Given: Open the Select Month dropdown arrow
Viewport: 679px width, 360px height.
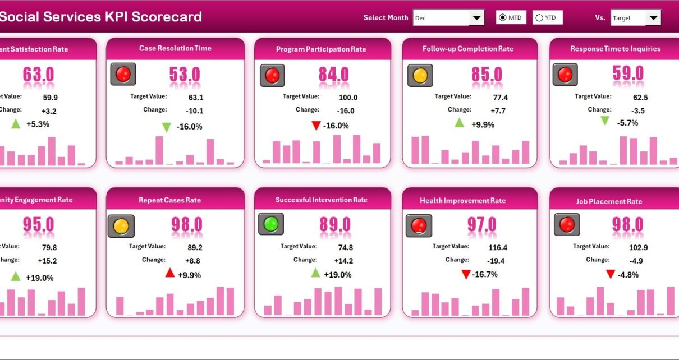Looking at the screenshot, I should coord(476,18).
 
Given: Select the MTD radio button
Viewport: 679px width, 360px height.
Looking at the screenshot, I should coord(502,18).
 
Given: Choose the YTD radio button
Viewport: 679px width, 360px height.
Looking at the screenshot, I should coord(539,18).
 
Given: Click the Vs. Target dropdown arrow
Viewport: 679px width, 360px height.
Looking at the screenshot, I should coord(653,18).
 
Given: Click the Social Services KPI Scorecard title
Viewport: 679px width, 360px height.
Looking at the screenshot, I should coord(101,16).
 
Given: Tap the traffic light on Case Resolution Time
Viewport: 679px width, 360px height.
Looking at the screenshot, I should coord(123,74).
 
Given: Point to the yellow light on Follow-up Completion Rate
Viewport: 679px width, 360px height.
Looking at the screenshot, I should coord(420,75).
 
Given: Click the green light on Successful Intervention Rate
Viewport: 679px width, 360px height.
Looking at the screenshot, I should coord(270,224).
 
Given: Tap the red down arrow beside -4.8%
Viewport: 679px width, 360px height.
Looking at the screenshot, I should coord(611,274).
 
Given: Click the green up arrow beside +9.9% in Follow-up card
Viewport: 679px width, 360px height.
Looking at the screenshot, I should coord(460,123).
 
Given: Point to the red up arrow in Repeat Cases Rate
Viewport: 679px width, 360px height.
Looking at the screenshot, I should coord(169,273).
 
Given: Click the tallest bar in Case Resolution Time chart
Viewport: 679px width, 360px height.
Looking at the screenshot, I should coord(159,150).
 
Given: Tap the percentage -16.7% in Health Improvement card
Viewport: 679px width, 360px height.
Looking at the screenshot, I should coord(484,274).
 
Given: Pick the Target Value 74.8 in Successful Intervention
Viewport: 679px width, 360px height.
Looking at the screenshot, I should coord(346,247).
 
